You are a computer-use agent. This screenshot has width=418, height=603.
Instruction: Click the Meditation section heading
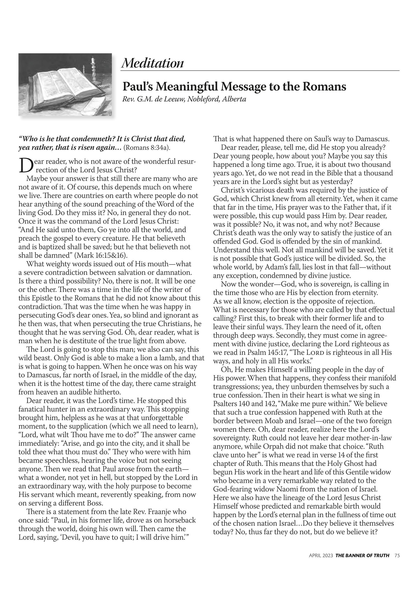click(x=152, y=63)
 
